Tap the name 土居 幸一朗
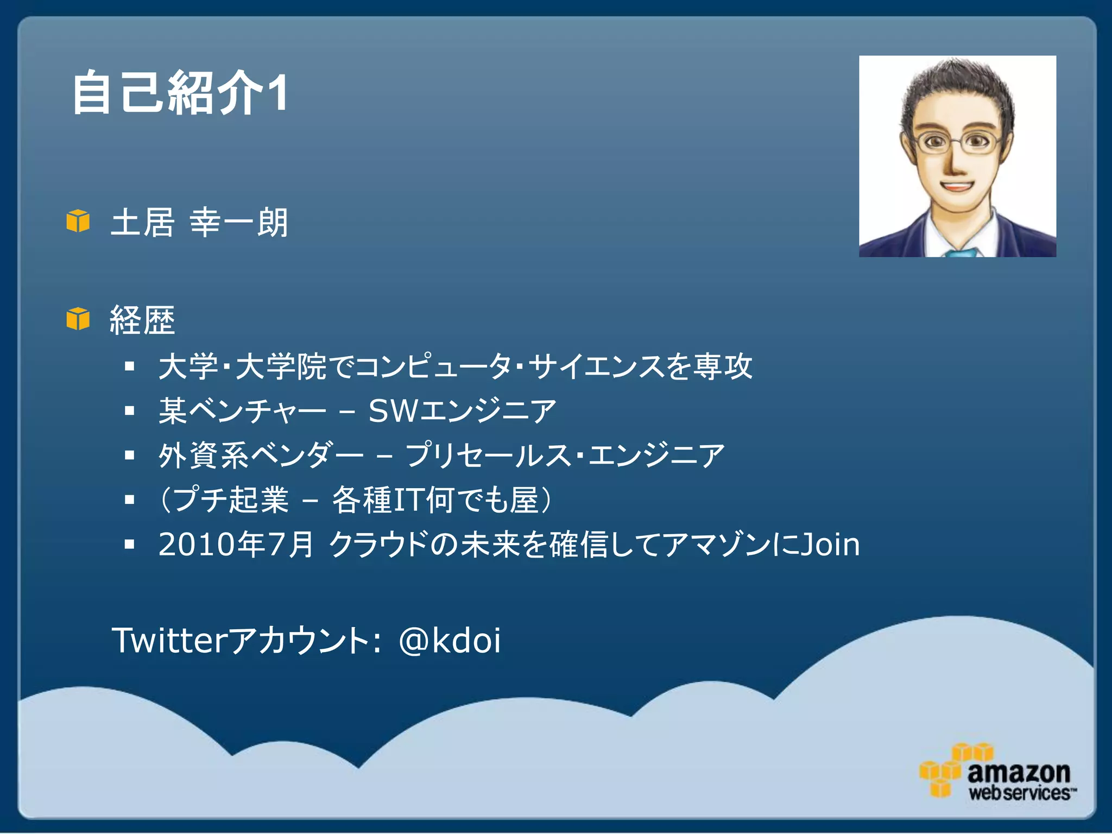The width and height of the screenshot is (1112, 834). pyautogui.click(x=199, y=223)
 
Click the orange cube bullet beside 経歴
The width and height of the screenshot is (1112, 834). pyautogui.click(x=78, y=319)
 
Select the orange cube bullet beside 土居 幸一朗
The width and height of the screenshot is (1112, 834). pyautogui.click(x=78, y=221)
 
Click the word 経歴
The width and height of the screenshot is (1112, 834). pyautogui.click(x=142, y=320)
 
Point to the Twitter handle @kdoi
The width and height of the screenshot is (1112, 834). pyautogui.click(x=450, y=640)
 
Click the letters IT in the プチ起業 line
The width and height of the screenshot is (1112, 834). pyautogui.click(x=408, y=500)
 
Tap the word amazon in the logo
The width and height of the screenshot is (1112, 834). pyautogui.click(x=1019, y=772)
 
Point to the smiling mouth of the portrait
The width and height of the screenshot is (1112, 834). pyautogui.click(x=956, y=187)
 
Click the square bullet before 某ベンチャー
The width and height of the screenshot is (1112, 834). pyautogui.click(x=129, y=411)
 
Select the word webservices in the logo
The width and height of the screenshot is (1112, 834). pyautogui.click(x=1020, y=793)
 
